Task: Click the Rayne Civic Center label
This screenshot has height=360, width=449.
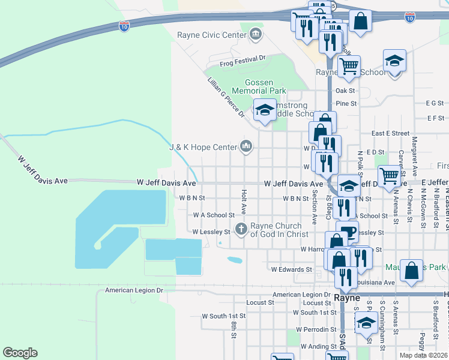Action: tap(212, 35)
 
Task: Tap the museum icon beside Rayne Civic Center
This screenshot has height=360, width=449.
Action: tap(256, 33)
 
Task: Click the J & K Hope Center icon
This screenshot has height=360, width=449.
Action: tap(246, 146)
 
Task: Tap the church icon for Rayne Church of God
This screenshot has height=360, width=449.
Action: tap(241, 229)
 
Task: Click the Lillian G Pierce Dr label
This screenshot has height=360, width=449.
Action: tap(226, 97)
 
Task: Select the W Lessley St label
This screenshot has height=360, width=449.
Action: tap(211, 232)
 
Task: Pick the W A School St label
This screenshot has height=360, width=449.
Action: tap(214, 215)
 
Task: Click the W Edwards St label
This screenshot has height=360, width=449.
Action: tap(292, 270)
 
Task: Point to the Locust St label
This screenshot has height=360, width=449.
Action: tap(260, 303)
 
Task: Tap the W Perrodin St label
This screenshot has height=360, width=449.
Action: tap(311, 329)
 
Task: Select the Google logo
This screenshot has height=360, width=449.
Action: tap(20, 353)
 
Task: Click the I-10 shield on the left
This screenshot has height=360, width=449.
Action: tap(124, 26)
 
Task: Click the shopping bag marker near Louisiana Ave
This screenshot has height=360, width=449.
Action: tap(412, 271)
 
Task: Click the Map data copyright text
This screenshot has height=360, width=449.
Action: tap(424, 355)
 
